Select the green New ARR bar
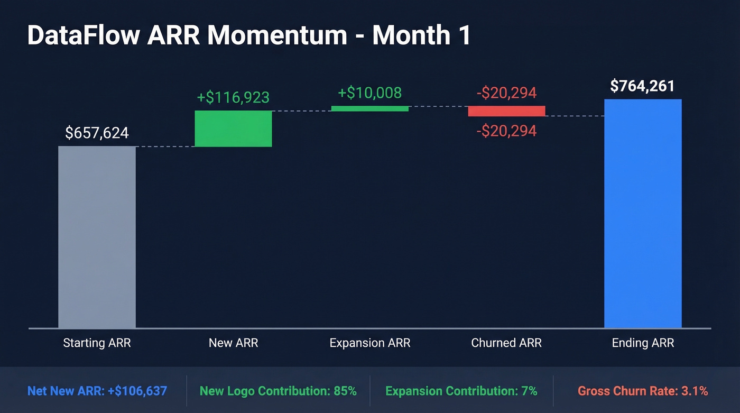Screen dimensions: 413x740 233,129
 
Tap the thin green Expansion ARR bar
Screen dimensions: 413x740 370,108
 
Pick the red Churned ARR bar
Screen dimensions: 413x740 506,111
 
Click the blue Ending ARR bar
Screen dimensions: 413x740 643,214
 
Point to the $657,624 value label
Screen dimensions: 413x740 97,133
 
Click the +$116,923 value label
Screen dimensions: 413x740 233,97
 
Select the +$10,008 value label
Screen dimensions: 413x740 370,93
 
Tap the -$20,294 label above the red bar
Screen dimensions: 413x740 506,93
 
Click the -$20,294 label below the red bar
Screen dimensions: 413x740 506,131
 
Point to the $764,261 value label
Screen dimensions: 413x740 642,86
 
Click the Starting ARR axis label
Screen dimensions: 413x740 97,343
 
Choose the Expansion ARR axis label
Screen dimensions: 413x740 370,343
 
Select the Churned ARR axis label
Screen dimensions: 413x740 506,343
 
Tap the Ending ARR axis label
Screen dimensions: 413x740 643,343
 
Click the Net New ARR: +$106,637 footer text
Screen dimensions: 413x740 97,391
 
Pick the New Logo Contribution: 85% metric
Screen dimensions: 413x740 278,391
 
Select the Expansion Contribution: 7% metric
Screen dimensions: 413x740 461,391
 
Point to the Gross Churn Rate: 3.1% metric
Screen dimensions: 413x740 643,391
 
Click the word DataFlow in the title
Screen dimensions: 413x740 84,35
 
